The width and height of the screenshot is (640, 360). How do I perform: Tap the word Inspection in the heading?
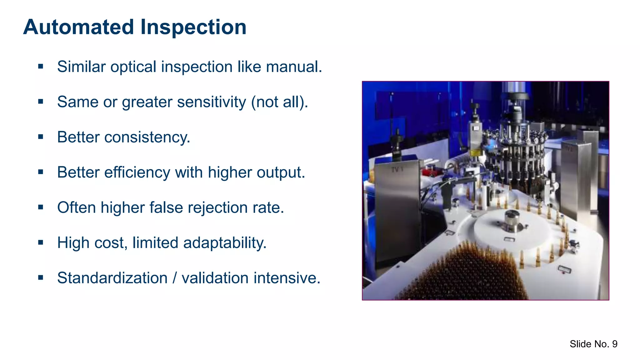pos(193,27)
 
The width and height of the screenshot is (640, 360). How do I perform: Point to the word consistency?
pos(147,137)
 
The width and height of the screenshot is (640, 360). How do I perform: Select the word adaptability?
pos(225,243)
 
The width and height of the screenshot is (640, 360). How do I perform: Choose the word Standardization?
pos(112,278)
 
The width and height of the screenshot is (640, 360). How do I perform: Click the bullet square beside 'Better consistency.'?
pos(41,137)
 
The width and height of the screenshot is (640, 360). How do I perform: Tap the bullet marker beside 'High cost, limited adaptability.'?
pos(41,242)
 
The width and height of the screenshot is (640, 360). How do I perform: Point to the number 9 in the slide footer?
pos(615,344)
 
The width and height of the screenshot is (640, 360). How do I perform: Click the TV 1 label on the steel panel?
pos(397,170)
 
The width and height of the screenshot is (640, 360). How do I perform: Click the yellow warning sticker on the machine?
pos(476,153)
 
